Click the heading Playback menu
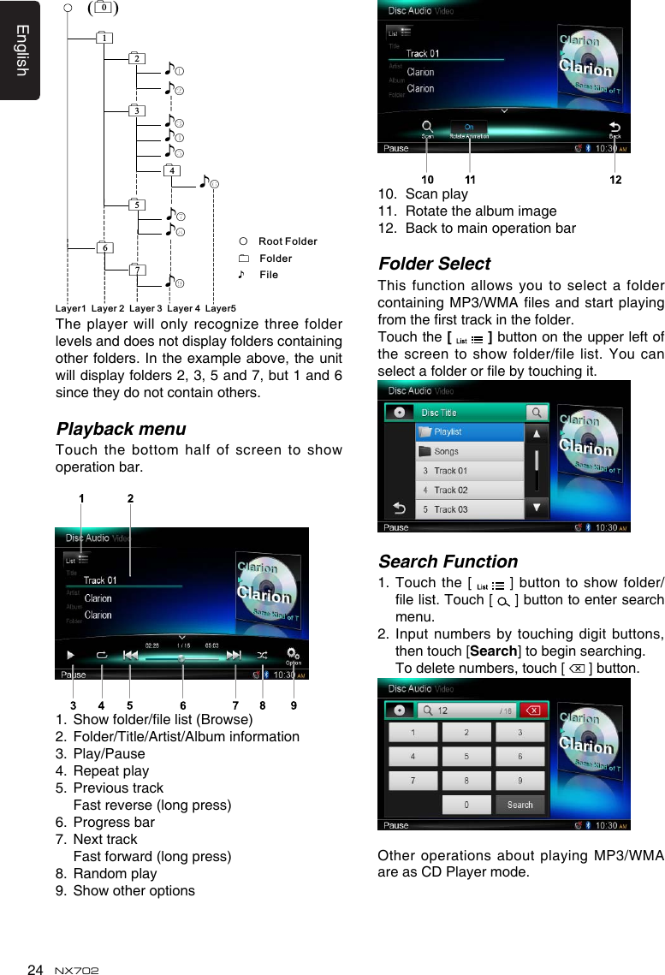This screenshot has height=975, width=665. [120, 428]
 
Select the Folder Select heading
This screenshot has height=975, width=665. [434, 264]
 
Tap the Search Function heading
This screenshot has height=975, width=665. [448, 562]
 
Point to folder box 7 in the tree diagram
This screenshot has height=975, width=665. [137, 271]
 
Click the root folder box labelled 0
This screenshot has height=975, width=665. [103, 9]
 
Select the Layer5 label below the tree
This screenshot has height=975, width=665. [221, 307]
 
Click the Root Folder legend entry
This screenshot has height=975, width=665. [287, 242]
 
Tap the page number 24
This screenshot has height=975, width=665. [34, 969]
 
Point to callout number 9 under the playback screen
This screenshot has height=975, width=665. [294, 706]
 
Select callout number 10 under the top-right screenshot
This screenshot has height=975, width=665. [427, 181]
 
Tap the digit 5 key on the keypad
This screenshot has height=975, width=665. [466, 757]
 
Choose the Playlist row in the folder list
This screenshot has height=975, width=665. [468, 432]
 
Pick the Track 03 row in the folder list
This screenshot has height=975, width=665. [468, 509]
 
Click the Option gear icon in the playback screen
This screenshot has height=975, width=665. [294, 656]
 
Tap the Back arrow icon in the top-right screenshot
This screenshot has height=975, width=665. [615, 128]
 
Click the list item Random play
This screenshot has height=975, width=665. [115, 874]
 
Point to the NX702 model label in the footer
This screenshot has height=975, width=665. [76, 970]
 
